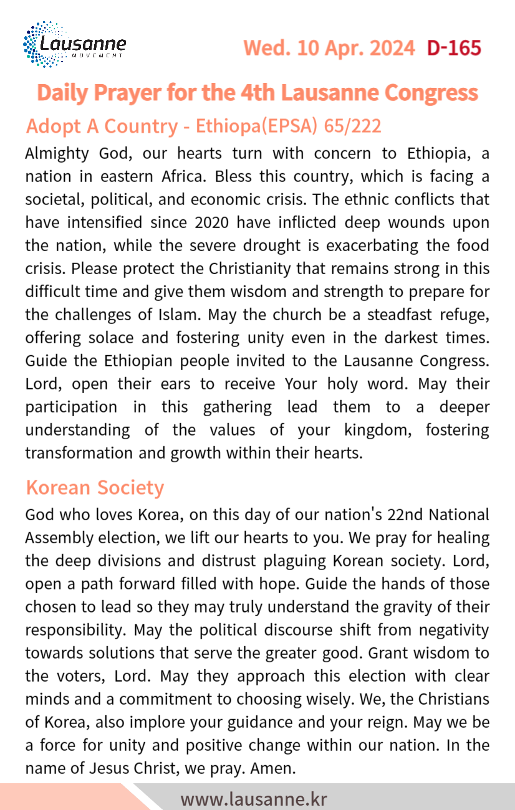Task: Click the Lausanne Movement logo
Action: pyautogui.click(x=74, y=45)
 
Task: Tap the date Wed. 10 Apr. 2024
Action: pyautogui.click(x=329, y=48)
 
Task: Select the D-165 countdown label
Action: pyautogui.click(x=454, y=48)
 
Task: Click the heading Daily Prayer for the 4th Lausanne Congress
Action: pyautogui.click(x=257, y=93)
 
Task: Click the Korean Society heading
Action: pyautogui.click(x=95, y=487)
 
